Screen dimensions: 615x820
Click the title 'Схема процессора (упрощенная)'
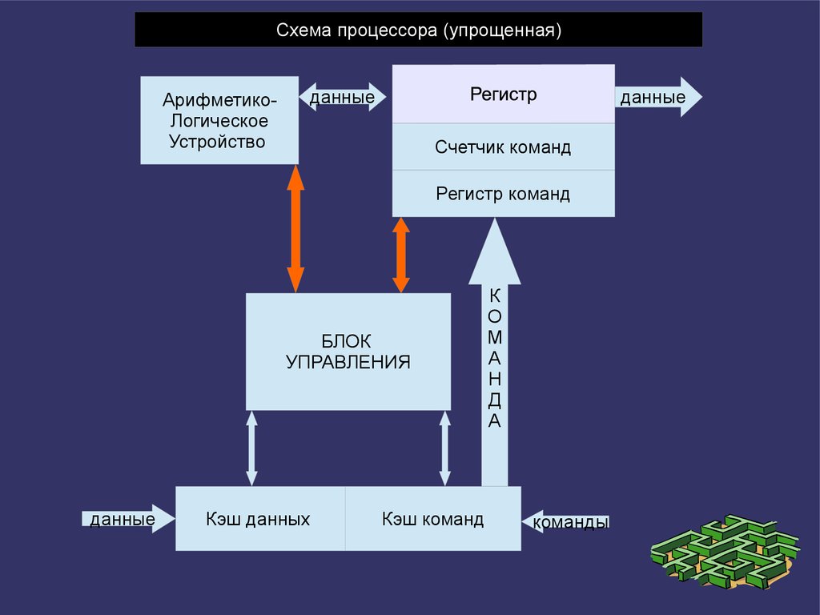click(x=418, y=30)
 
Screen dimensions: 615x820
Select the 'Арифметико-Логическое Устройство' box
click(x=219, y=121)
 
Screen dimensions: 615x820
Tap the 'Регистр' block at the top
click(x=503, y=94)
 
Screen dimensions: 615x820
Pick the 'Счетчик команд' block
click(x=503, y=147)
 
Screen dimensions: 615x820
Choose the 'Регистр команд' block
click(x=503, y=194)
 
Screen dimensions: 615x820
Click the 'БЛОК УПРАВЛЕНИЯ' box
click(x=348, y=352)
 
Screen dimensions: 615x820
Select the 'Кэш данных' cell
click(x=260, y=519)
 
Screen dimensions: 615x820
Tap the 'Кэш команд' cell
click(x=432, y=519)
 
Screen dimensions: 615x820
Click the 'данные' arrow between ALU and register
click(x=343, y=98)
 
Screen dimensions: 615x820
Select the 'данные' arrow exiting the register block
click(x=657, y=98)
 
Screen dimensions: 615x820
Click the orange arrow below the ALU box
click(x=295, y=228)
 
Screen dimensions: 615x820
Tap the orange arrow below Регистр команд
click(x=401, y=255)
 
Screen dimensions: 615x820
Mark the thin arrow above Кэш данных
click(x=252, y=448)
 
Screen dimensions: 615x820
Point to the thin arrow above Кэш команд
click(x=445, y=448)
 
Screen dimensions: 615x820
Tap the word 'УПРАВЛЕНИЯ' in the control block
click(x=348, y=362)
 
